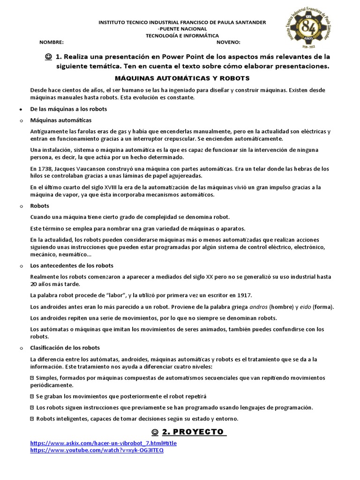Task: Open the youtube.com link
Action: tap(97, 450)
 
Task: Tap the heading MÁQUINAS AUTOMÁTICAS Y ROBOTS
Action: tap(182, 78)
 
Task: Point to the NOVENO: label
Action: tap(228, 42)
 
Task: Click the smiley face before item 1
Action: tap(49, 57)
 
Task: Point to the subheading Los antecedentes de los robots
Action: tap(72, 266)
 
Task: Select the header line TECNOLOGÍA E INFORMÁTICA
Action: tap(182, 35)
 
